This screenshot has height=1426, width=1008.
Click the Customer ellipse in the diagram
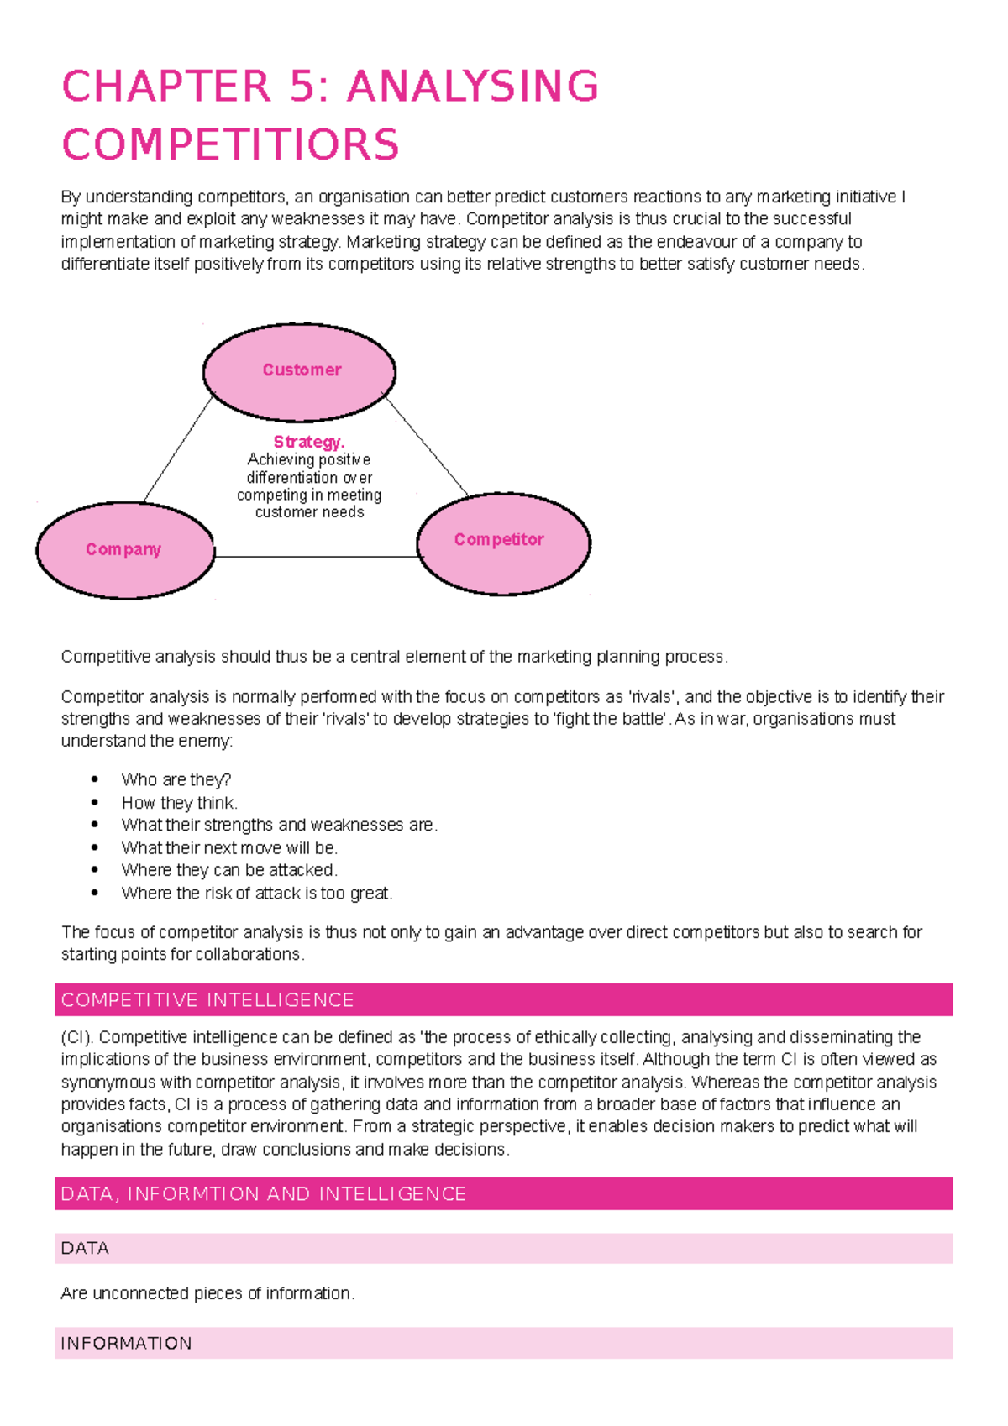click(x=300, y=371)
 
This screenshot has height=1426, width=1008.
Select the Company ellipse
click(x=124, y=550)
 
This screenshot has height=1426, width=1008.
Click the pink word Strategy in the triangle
click(x=308, y=442)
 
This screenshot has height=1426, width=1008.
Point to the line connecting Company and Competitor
click(x=316, y=557)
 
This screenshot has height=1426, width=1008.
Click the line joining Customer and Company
click(x=178, y=449)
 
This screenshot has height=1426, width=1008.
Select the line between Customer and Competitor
click(x=426, y=445)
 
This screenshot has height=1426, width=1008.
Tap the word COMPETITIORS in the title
click(x=230, y=144)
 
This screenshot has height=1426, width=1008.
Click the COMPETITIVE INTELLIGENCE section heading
click(x=208, y=1000)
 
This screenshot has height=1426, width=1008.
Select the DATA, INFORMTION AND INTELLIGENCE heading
click(x=264, y=1194)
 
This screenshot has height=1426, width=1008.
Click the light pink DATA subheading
click(x=86, y=1249)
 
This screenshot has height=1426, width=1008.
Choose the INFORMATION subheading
click(x=127, y=1344)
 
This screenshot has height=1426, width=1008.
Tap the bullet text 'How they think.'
click(x=180, y=803)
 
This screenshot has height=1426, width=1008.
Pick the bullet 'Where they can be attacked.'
click(x=229, y=870)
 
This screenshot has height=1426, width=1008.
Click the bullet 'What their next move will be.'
click(x=229, y=848)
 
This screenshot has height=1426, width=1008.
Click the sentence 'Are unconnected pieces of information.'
click(x=207, y=1294)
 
